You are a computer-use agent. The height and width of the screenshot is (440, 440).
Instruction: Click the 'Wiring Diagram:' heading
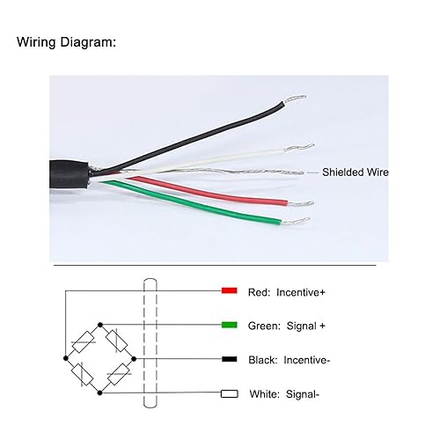coord(66,41)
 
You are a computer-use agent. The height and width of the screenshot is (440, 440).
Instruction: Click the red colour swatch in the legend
coord(229,290)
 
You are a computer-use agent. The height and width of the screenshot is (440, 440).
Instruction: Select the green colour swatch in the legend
coord(229,325)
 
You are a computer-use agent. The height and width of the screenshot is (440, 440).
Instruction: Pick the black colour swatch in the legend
coord(229,359)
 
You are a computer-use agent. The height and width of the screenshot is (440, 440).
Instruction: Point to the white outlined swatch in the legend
coord(229,394)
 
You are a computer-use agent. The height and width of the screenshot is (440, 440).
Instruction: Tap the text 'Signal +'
coord(306,325)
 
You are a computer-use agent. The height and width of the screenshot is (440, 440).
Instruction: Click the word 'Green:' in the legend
coord(266,325)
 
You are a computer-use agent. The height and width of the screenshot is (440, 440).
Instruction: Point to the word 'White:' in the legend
coord(266,394)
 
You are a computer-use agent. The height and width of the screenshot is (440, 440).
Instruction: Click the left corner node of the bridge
coord(64,359)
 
